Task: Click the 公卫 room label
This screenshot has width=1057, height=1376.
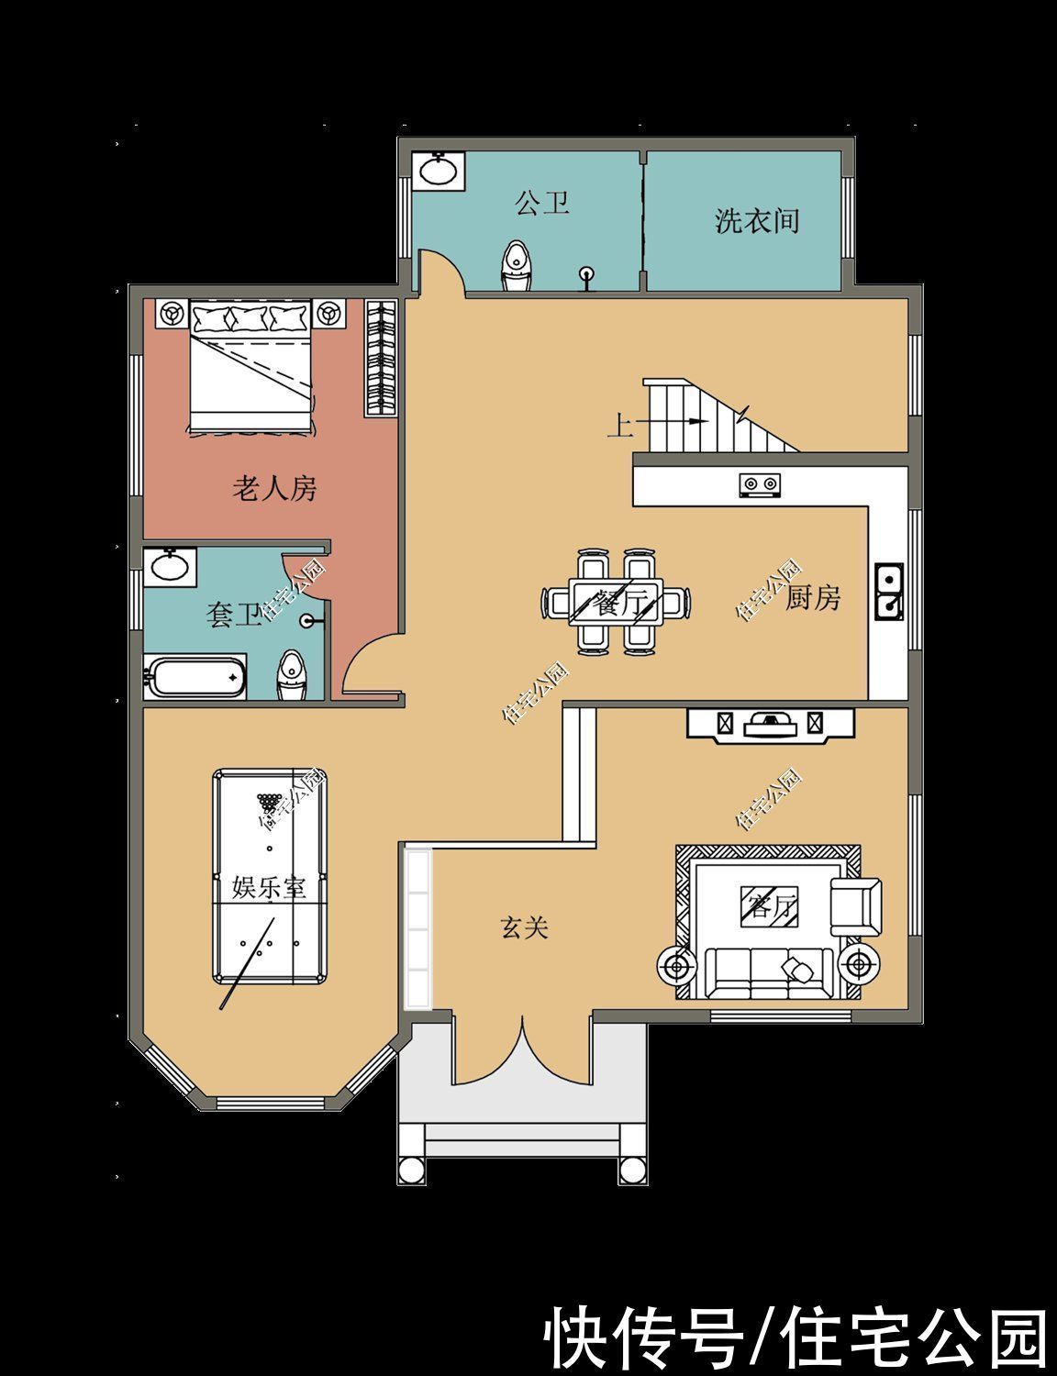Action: pos(542,203)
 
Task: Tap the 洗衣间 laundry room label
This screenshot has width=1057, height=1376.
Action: pos(757,221)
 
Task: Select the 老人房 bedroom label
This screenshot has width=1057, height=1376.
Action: pos(274,489)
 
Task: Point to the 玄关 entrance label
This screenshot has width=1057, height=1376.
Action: pos(524,928)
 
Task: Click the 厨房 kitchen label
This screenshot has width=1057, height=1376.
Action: pos(813,599)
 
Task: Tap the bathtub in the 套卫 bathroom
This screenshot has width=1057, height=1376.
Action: pos(195,677)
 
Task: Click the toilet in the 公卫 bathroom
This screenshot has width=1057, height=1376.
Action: pos(517,266)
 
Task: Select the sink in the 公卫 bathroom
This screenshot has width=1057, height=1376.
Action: pos(439,171)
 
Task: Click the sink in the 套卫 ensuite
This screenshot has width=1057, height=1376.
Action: pos(169,565)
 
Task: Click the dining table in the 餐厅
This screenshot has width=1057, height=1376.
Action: pos(616,602)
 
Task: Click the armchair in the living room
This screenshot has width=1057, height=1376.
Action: pos(855,906)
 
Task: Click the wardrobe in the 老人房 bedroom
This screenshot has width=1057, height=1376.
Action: pos(380,358)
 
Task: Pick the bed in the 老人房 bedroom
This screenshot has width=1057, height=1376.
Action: pos(251,365)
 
